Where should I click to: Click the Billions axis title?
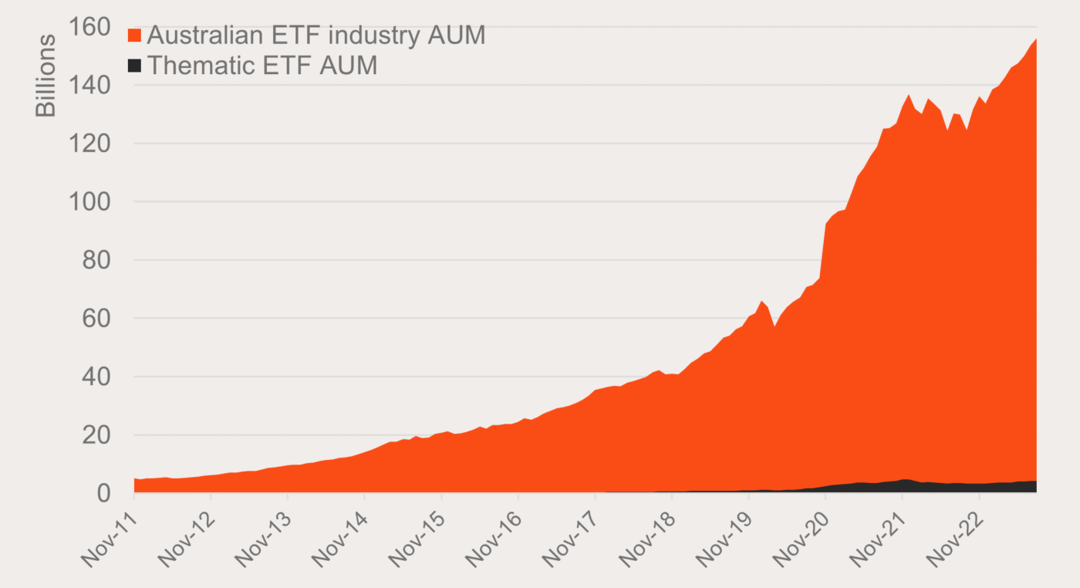pyautogui.click(x=46, y=75)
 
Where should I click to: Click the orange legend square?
pyautogui.click(x=135, y=35)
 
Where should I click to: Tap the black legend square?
pyautogui.click(x=135, y=66)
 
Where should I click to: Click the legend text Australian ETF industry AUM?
pyautogui.click(x=316, y=35)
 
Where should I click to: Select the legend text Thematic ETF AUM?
pyautogui.click(x=262, y=66)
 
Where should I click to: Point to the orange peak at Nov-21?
pyautogui.click(x=909, y=95)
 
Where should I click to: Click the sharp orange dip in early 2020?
pyautogui.click(x=775, y=326)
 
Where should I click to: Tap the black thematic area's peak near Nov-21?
pyautogui.click(x=904, y=480)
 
